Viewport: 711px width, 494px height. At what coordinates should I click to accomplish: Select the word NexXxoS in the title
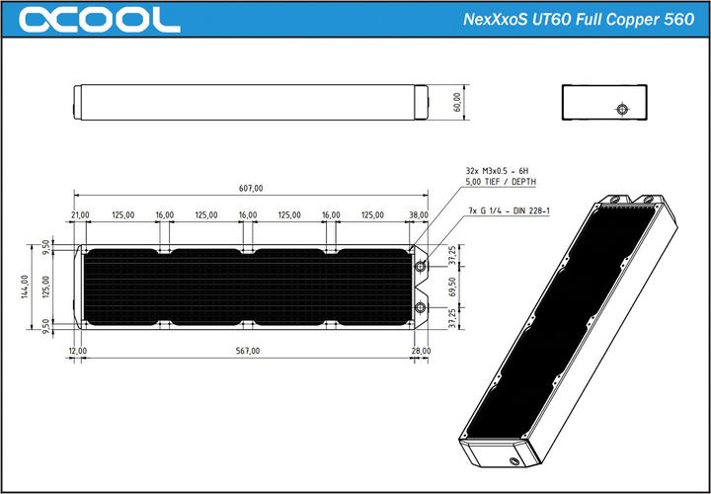(x=495, y=19)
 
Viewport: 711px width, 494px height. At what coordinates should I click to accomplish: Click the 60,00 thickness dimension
(x=456, y=102)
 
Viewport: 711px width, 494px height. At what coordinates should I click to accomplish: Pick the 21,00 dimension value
(x=80, y=214)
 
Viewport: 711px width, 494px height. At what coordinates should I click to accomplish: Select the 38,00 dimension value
(x=419, y=214)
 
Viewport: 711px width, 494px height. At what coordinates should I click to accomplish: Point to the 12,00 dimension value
(x=77, y=351)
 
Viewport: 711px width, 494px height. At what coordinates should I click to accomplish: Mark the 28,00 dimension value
(x=422, y=351)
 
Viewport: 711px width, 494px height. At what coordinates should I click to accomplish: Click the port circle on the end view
(x=621, y=110)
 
